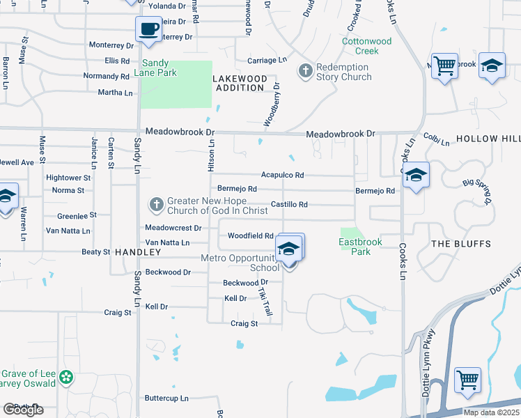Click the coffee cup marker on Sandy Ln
[x=148, y=29]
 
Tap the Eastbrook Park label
[x=355, y=247]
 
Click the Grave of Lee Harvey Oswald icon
[x=66, y=378]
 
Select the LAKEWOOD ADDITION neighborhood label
[x=240, y=84]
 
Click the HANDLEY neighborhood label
[x=133, y=251]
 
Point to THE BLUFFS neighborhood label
[x=461, y=244]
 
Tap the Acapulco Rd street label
[x=282, y=176]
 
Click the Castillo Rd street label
[x=289, y=205]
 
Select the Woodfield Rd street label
[x=250, y=236]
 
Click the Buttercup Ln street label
[x=166, y=398]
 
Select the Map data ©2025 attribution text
[x=492, y=412]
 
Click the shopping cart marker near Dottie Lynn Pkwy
[x=467, y=380]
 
